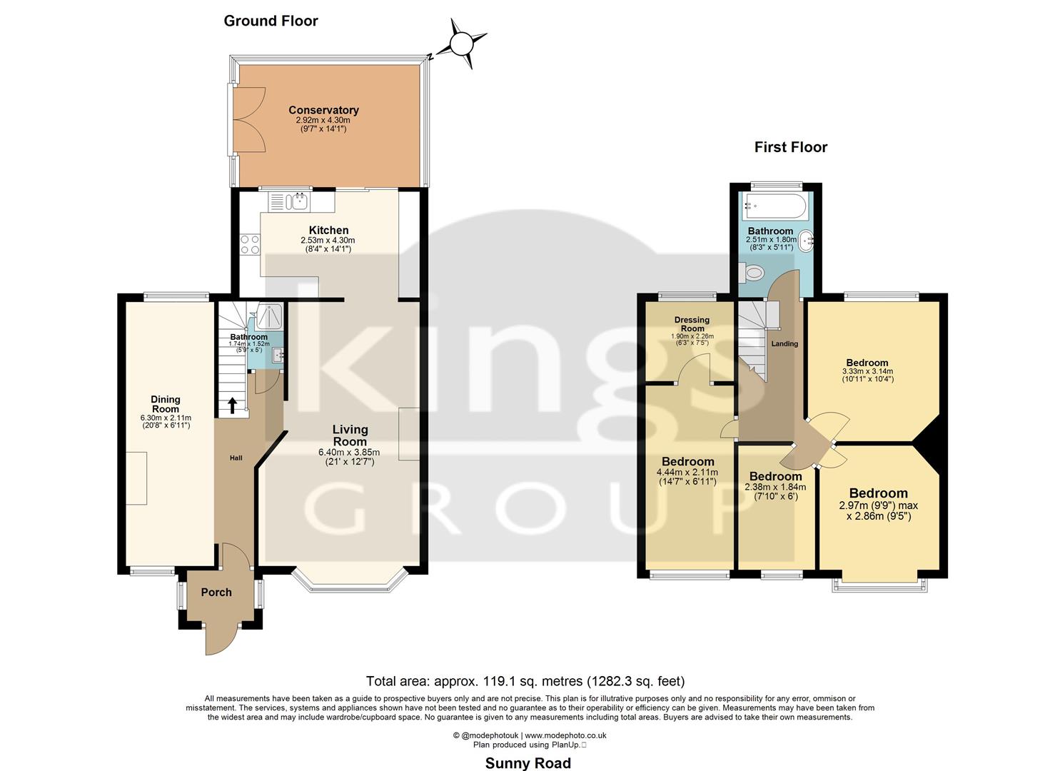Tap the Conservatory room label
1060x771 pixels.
pyautogui.click(x=323, y=110)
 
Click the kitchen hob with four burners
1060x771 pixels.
pyautogui.click(x=250, y=245)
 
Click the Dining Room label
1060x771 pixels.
pyautogui.click(x=165, y=404)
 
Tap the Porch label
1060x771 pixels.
pyautogui.click(x=216, y=592)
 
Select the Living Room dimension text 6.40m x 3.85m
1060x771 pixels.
pyautogui.click(x=349, y=452)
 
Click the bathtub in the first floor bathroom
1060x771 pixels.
pyautogui.click(x=775, y=208)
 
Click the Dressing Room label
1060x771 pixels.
pyautogui.click(x=692, y=324)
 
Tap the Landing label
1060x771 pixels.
pyautogui.click(x=784, y=343)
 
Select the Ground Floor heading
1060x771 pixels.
pyautogui.click(x=271, y=21)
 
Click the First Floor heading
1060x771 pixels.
pyautogui.click(x=790, y=147)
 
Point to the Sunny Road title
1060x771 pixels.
pyautogui.click(x=528, y=763)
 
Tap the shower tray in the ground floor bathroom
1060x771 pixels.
pyautogui.click(x=271, y=314)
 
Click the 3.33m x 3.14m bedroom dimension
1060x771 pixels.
pyautogui.click(x=867, y=371)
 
